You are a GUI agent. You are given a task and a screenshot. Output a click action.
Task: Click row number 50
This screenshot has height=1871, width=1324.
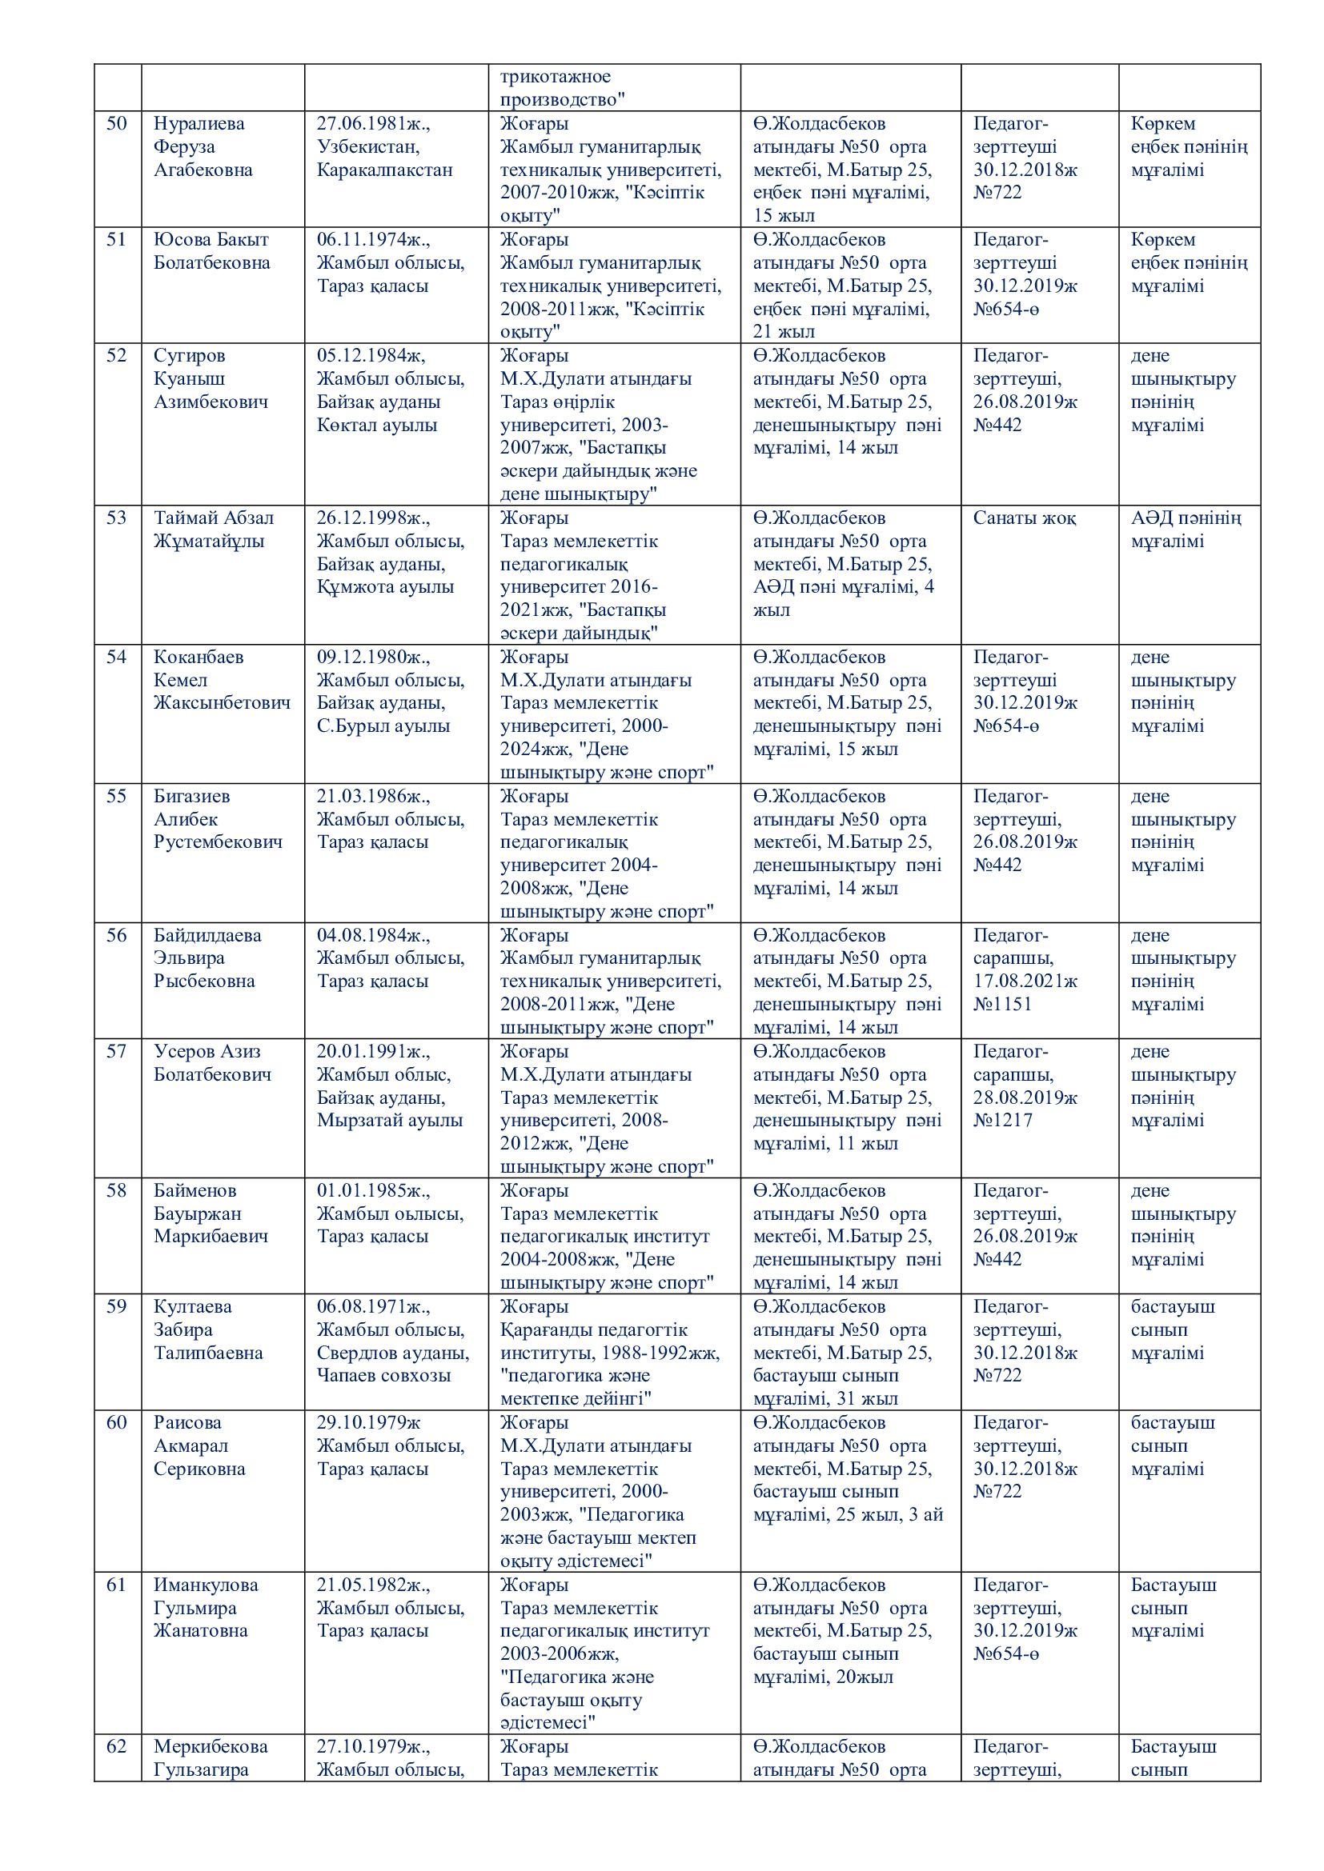[x=118, y=124]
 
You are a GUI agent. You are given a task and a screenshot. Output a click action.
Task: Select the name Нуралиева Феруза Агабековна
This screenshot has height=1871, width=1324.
[x=203, y=146]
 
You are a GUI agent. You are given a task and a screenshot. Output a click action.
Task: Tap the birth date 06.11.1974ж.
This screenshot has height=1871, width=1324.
[x=372, y=240]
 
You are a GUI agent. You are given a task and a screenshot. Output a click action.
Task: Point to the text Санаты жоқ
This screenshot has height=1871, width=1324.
[x=1024, y=518]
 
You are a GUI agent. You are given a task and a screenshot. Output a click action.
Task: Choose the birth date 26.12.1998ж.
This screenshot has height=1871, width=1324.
[x=372, y=518]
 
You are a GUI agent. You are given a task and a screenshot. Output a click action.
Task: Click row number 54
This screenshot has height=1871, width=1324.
[x=118, y=657]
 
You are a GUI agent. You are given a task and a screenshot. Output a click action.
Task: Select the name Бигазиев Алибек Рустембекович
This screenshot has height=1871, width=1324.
[x=218, y=819]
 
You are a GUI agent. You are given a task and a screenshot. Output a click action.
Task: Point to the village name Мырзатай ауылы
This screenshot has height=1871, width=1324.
[x=390, y=1120]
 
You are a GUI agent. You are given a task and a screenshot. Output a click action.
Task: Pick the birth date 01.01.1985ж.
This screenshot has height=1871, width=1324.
[x=372, y=1190]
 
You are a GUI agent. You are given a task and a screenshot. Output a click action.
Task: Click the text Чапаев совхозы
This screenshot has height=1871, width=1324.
[x=383, y=1376]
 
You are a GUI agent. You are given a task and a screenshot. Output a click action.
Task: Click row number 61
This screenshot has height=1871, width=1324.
[x=118, y=1585]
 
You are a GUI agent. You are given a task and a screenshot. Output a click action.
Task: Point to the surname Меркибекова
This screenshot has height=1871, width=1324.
[x=211, y=1746]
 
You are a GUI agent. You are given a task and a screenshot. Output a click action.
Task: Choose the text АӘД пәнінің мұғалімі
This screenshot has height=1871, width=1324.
[x=1186, y=530]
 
